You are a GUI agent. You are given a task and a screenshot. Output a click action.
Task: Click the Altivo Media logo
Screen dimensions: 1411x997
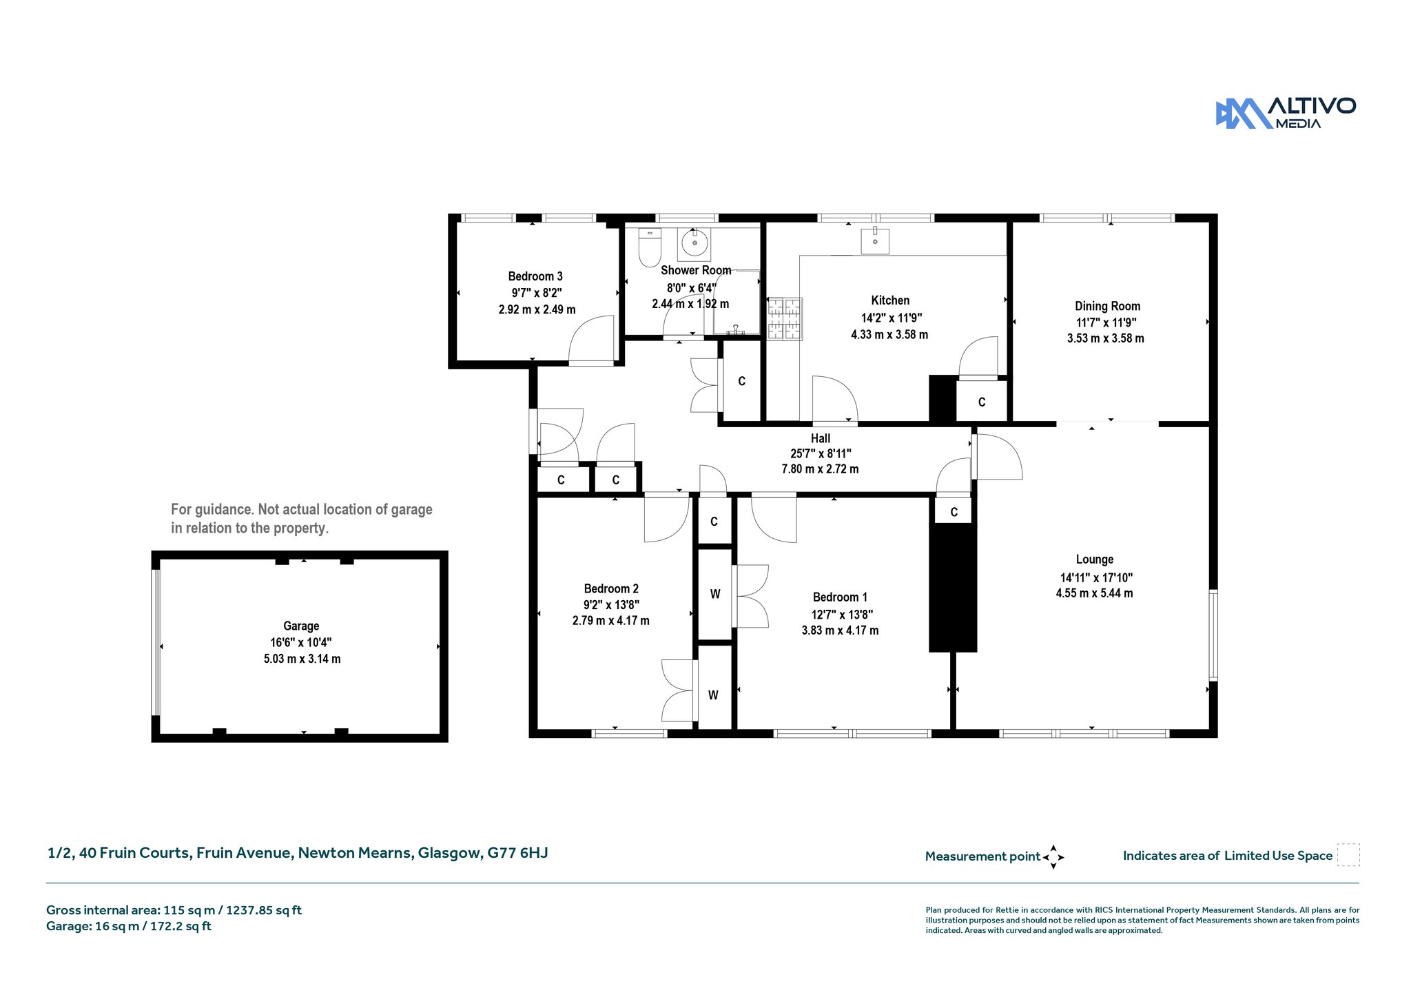tap(1286, 113)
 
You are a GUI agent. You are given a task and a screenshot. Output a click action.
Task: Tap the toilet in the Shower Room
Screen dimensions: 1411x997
tap(650, 247)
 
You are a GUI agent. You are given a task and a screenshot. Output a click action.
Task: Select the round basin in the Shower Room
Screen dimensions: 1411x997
tap(694, 243)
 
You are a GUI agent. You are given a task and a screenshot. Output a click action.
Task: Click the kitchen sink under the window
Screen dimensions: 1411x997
tap(875, 241)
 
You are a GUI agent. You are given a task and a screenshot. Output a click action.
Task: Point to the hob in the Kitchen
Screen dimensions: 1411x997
tap(785, 318)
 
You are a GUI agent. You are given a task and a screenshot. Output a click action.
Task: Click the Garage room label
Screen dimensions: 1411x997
tap(301, 626)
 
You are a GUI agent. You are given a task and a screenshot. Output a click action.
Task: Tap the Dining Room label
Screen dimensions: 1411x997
tap(1107, 306)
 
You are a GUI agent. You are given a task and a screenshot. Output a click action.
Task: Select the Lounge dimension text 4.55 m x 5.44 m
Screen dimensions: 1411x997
tap(1094, 593)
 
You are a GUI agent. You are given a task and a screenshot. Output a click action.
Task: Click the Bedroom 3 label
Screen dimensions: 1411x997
tap(535, 276)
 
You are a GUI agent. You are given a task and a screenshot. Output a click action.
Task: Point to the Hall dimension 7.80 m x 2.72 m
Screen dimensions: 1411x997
tap(820, 469)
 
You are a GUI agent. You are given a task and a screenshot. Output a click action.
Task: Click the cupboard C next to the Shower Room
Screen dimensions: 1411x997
tap(741, 381)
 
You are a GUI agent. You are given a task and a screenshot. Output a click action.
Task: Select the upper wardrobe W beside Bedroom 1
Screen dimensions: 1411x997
tap(715, 594)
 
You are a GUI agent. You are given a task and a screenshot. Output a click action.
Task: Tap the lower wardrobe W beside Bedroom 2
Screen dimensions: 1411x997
tap(713, 695)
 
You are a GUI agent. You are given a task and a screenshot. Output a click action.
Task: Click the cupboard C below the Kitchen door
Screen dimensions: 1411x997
tap(982, 402)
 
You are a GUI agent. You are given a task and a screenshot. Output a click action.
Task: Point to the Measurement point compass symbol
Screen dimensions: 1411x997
tap(1053, 857)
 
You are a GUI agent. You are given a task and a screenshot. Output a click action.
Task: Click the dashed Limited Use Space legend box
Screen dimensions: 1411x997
tap(1348, 855)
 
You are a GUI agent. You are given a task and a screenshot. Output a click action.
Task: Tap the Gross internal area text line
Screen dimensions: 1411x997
tap(174, 910)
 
